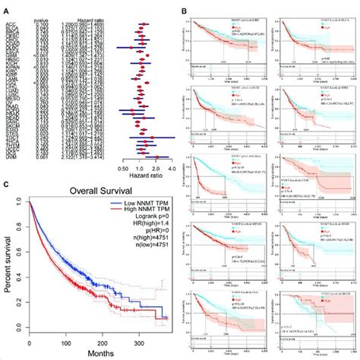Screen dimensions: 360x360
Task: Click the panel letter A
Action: (6, 11)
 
